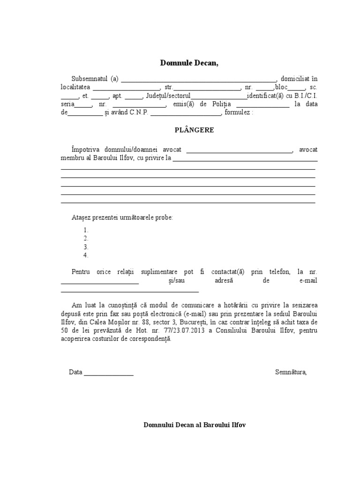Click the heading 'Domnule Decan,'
pyautogui.click(x=189, y=63)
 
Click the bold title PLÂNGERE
pyautogui.click(x=189, y=130)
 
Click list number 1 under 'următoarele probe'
pyautogui.click(x=86, y=230)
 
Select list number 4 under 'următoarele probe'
pyautogui.click(x=86, y=255)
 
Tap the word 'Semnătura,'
pyautogui.click(x=291, y=372)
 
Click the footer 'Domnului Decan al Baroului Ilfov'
pyautogui.click(x=195, y=425)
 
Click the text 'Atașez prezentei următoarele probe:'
pyautogui.click(x=122, y=218)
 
